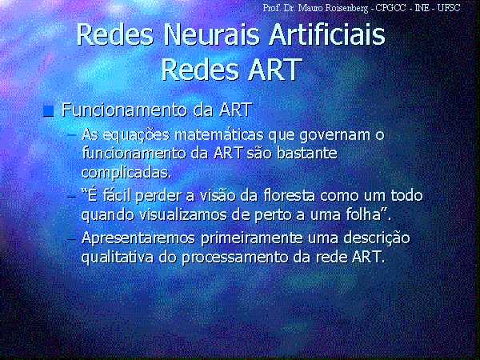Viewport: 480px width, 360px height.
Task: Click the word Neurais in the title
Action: point(212,34)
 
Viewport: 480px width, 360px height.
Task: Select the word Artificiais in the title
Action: point(326,34)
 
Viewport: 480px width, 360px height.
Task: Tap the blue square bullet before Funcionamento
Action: point(48,111)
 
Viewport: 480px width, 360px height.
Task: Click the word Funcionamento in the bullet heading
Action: point(126,110)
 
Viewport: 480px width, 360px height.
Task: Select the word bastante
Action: point(307,154)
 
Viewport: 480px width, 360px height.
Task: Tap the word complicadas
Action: point(126,173)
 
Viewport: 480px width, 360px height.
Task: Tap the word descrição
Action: point(377,238)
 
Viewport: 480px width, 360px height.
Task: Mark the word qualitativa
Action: point(118,258)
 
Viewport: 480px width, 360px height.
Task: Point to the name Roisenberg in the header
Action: point(350,8)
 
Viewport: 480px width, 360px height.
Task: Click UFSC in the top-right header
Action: point(449,7)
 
